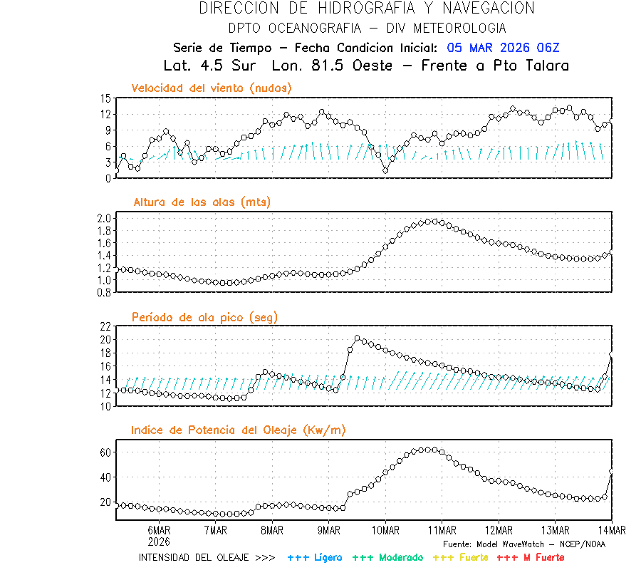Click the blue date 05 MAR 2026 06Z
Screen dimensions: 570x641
point(504,48)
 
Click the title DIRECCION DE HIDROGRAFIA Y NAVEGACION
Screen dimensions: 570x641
point(367,9)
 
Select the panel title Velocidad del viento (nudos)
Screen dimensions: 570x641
point(212,88)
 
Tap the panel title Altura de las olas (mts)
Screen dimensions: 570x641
point(202,202)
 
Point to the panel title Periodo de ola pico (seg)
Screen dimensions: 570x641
point(204,316)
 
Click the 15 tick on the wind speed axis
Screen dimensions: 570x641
point(105,98)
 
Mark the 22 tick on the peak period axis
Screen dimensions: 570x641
point(105,326)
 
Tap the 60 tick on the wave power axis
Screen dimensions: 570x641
point(105,452)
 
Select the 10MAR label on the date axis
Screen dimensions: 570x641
point(385,530)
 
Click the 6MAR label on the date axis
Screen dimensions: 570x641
point(159,530)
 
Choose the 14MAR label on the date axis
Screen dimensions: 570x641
point(612,530)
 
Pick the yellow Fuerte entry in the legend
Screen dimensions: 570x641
point(471,557)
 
